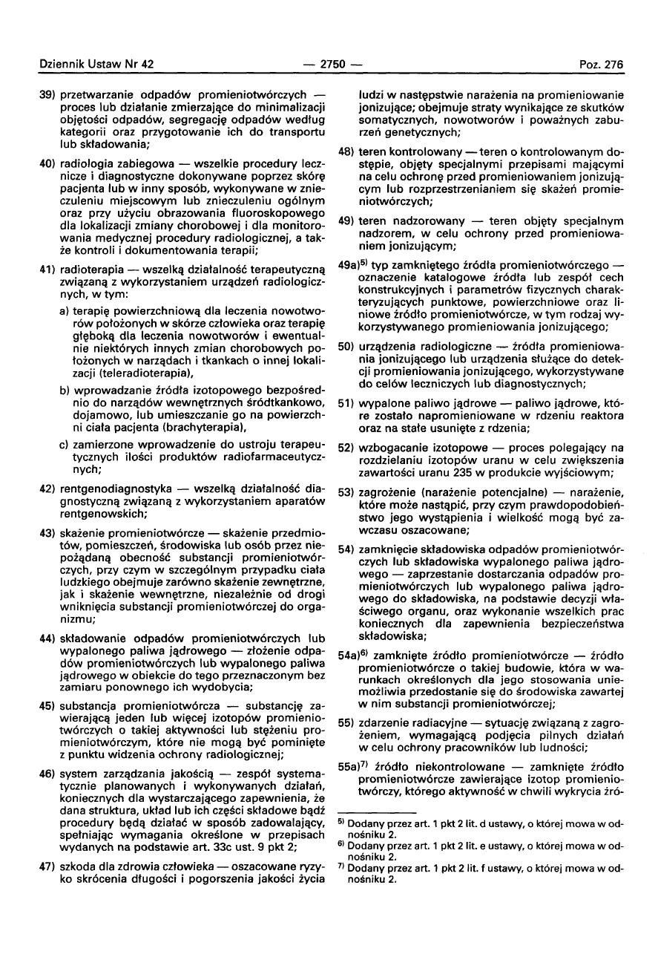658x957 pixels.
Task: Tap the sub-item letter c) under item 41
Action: point(65,445)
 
